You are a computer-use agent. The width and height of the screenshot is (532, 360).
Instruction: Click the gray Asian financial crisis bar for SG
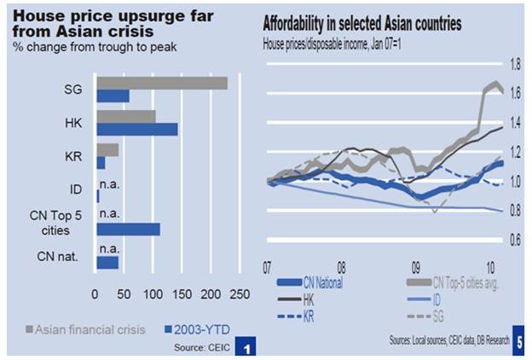click(162, 84)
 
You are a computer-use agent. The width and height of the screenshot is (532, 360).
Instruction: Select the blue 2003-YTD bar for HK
click(137, 130)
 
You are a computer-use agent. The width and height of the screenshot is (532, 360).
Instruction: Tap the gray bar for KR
click(108, 150)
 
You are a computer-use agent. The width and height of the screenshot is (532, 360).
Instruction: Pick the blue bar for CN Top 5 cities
click(129, 229)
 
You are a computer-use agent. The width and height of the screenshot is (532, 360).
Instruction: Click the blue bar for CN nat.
click(108, 263)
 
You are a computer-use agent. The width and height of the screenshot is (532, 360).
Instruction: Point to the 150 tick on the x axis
click(182, 294)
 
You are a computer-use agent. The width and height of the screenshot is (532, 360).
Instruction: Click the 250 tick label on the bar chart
click(240, 294)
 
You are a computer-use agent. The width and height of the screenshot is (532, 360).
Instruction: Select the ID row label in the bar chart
click(76, 189)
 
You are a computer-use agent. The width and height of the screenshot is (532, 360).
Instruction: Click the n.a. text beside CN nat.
click(110, 249)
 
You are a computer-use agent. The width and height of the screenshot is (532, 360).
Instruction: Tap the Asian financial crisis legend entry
click(86, 329)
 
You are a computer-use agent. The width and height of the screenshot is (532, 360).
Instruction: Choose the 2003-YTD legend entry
click(197, 329)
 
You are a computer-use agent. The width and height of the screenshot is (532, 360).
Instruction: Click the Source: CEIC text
click(202, 347)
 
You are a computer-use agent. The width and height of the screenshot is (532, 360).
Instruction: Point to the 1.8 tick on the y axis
click(516, 64)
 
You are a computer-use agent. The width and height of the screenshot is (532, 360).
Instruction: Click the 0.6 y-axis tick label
click(516, 240)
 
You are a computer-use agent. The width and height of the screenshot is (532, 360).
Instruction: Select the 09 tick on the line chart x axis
click(416, 268)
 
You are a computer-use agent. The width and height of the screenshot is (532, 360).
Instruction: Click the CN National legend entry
click(310, 282)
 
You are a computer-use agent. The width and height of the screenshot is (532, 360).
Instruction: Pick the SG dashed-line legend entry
click(425, 316)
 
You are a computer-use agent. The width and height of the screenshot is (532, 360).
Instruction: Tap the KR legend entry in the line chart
click(296, 316)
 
